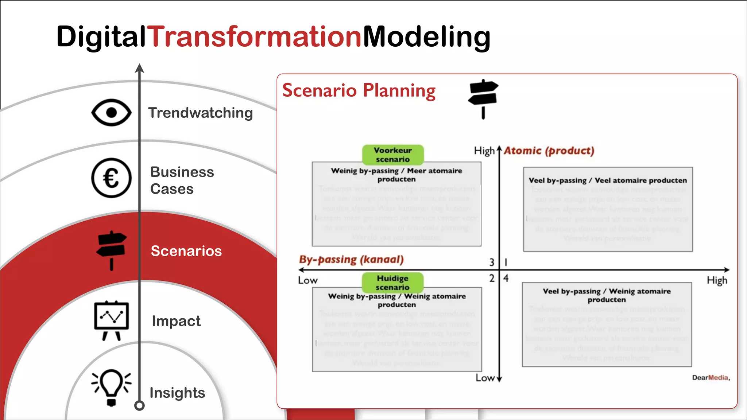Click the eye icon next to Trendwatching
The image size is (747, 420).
click(111, 113)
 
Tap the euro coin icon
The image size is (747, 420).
click(111, 178)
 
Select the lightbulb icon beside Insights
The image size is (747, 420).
click(111, 387)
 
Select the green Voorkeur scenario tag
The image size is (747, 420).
click(393, 155)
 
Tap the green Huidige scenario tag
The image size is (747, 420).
click(392, 283)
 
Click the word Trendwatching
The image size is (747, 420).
click(200, 113)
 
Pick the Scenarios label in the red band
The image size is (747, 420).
click(186, 251)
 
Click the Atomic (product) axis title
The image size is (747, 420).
click(549, 151)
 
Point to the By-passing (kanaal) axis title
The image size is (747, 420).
click(351, 260)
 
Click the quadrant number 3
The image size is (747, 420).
click(492, 262)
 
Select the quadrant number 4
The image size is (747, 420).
click(506, 278)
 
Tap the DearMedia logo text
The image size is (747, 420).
click(711, 378)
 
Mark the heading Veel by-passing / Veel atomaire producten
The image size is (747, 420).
click(608, 180)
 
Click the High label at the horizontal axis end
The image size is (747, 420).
click(717, 280)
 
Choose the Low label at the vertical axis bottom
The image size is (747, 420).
click(485, 378)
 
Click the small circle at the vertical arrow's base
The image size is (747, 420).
click(139, 405)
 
